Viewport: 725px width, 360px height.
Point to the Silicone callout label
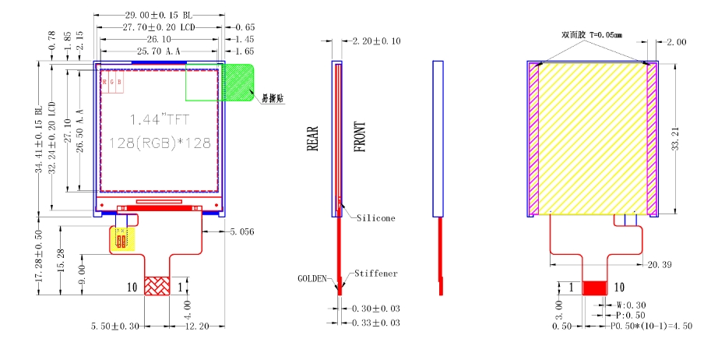pyautogui.click(x=375, y=218)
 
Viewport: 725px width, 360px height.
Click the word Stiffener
pyautogui.click(x=375, y=274)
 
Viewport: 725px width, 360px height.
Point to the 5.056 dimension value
pyautogui.click(x=242, y=231)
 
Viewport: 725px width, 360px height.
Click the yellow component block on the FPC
pyautogui.click(x=121, y=239)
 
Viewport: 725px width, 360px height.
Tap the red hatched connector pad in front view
pyautogui.click(x=159, y=286)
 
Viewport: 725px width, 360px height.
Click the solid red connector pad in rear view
pyautogui.click(x=596, y=288)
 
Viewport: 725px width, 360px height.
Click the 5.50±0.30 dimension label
pyautogui.click(x=115, y=326)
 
